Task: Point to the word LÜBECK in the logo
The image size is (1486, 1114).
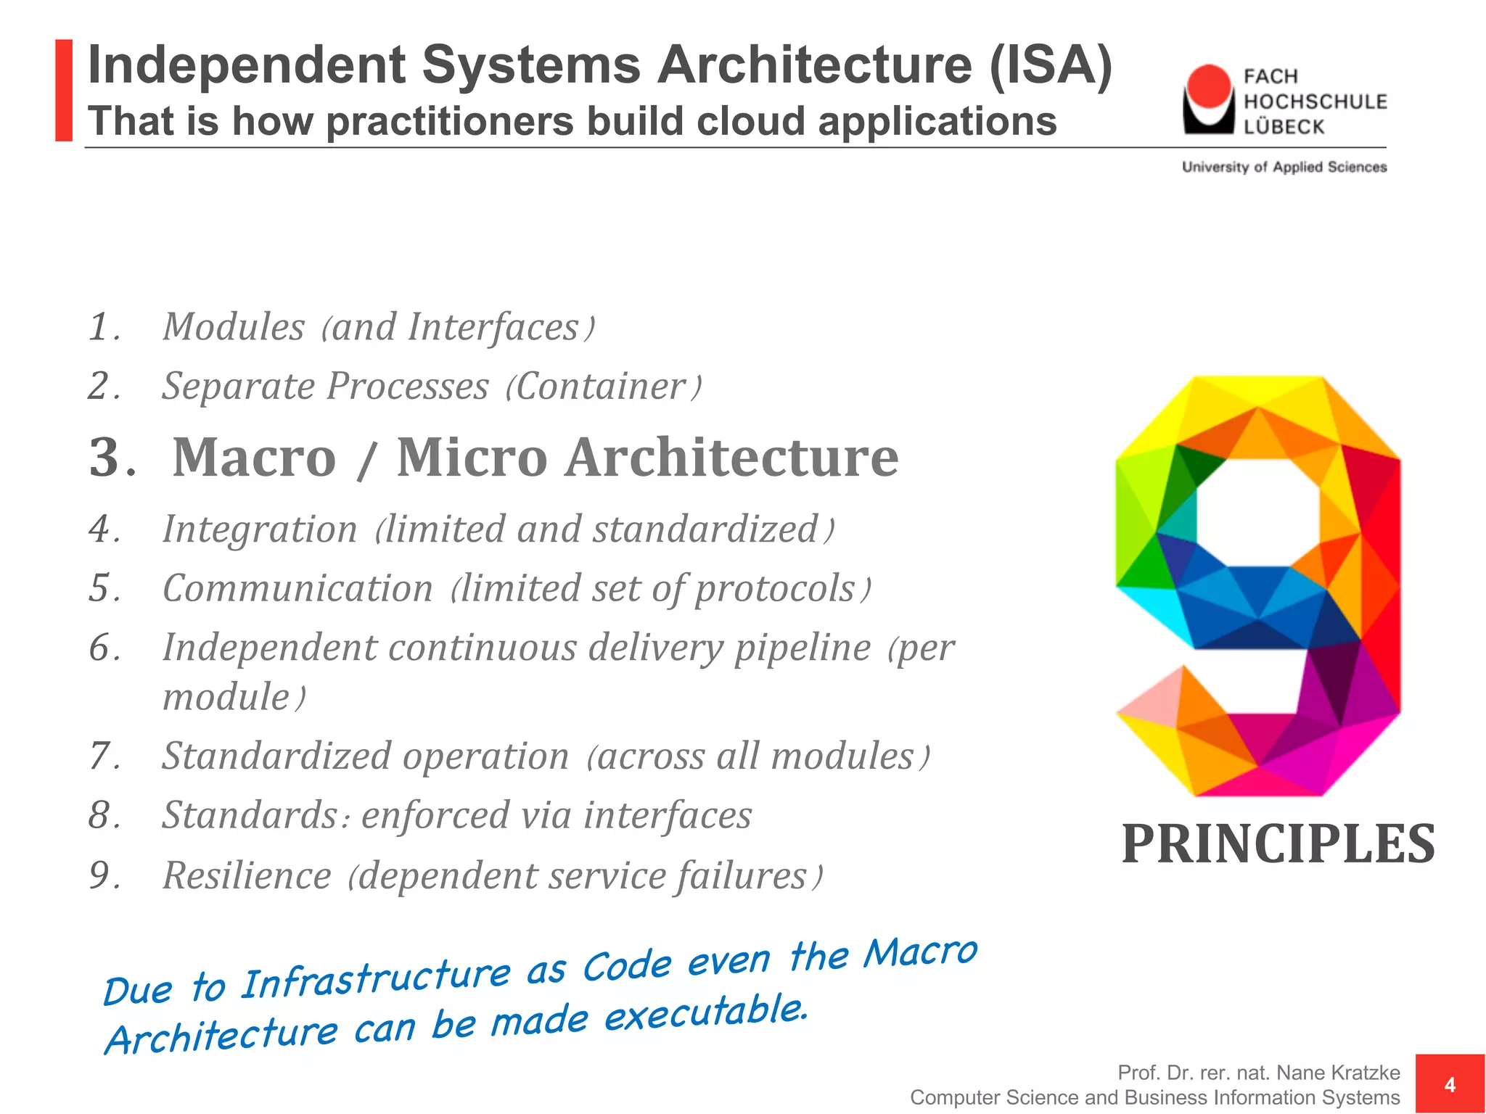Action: point(1284,127)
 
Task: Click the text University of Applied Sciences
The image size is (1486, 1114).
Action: point(1284,168)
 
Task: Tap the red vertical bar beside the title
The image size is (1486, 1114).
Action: point(64,90)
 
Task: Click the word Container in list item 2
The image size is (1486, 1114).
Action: point(601,386)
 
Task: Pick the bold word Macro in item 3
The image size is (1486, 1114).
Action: point(254,458)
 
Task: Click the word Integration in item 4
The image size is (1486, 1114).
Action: point(260,529)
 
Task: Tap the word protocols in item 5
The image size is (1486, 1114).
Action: point(775,588)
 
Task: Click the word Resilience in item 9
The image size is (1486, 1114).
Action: point(247,875)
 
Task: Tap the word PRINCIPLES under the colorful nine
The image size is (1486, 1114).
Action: point(1278,844)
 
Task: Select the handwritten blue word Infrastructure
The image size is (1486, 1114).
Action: point(375,978)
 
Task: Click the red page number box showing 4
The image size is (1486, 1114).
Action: point(1450,1084)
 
